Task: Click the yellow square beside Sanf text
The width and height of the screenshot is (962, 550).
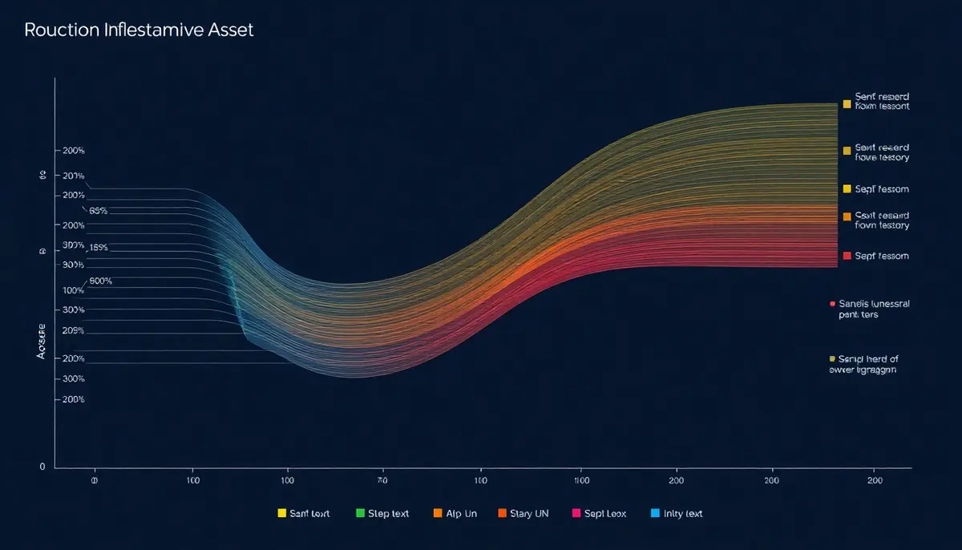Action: (281, 513)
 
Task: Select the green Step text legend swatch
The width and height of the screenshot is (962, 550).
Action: (360, 513)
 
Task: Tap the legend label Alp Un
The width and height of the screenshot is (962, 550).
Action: (461, 513)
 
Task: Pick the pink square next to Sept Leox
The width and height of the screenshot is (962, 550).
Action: (576, 513)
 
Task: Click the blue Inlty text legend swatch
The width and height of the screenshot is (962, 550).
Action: (656, 513)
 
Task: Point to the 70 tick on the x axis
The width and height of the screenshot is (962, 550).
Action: (382, 480)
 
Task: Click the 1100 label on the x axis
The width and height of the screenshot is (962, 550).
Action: (583, 480)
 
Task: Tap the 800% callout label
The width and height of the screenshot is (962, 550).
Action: (101, 281)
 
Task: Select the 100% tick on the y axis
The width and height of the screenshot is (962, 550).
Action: (73, 290)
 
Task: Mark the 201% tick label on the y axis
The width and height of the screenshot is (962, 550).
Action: (73, 176)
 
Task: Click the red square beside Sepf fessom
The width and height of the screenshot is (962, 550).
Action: (847, 256)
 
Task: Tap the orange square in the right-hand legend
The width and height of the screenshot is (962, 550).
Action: (847, 216)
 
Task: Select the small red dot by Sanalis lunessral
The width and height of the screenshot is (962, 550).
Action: (832, 305)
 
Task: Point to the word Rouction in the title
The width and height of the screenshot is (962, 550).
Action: (61, 31)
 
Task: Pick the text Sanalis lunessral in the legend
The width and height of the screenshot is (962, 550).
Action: (875, 305)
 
